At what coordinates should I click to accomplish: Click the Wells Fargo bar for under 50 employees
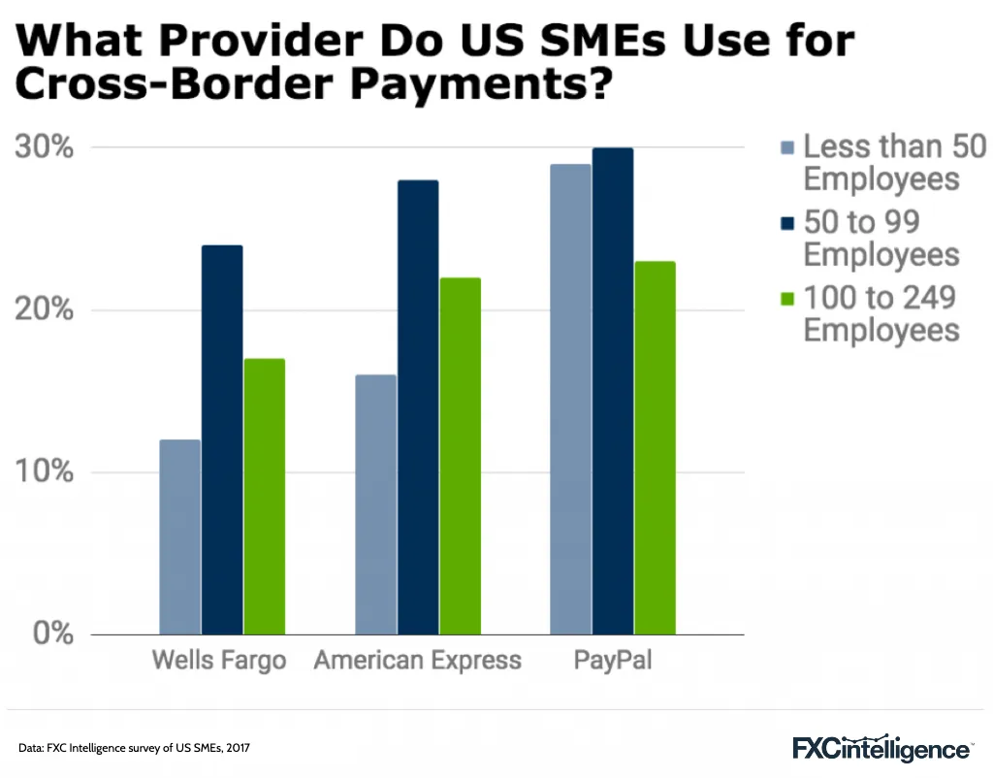tap(180, 537)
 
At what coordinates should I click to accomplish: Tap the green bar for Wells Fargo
tap(264, 497)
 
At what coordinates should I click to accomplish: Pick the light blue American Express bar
tap(376, 504)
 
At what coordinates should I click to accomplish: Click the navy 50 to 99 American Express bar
tap(418, 407)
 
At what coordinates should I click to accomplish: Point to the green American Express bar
tap(460, 456)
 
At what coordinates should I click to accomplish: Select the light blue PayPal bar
tap(571, 399)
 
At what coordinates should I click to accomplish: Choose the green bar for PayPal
tap(655, 448)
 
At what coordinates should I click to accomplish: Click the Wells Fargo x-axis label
tap(219, 662)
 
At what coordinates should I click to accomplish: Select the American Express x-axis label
tap(418, 662)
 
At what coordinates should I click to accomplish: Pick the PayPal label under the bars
tap(613, 662)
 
